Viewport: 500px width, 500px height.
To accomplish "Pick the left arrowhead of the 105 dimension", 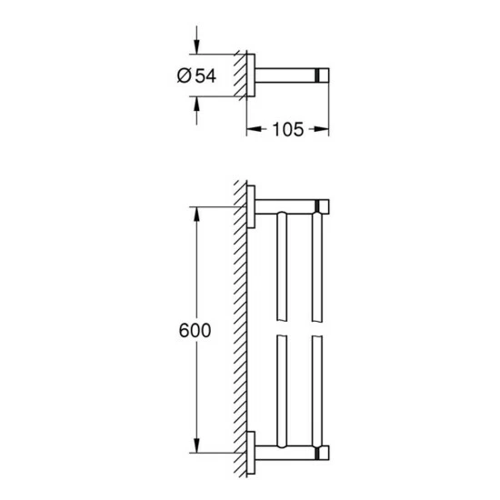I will [x=253, y=130].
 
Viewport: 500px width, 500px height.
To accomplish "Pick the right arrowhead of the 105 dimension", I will [x=323, y=130].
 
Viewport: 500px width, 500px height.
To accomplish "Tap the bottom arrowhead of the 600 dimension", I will [x=193, y=447].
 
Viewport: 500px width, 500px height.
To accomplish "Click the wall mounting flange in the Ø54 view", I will [x=251, y=77].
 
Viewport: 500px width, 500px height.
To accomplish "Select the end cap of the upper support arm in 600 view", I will [x=322, y=205].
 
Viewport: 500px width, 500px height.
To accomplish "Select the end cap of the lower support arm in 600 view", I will [x=322, y=453].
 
